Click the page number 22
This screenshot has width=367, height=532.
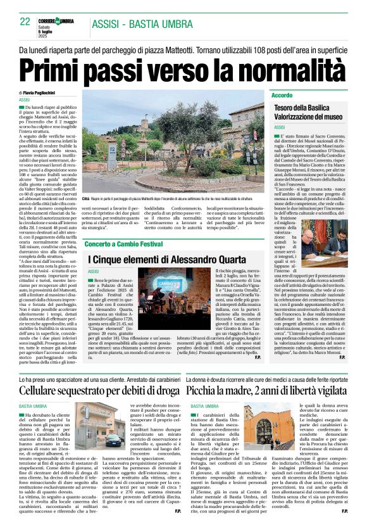(25, 22)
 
